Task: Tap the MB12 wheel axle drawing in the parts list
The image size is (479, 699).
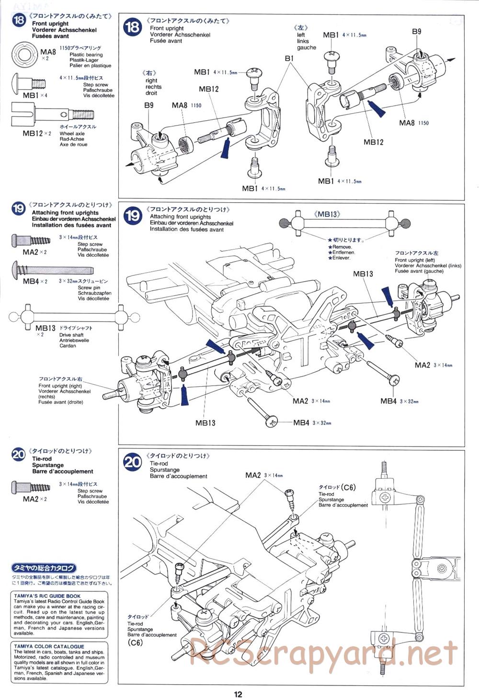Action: coord(52,114)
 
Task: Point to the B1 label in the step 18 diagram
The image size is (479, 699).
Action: coord(289,58)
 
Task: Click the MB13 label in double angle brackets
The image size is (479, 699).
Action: coord(327,214)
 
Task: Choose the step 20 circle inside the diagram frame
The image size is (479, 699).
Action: coord(133,462)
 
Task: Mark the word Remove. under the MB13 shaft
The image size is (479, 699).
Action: coord(342,247)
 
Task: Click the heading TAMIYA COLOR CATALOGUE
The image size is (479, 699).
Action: coord(49,646)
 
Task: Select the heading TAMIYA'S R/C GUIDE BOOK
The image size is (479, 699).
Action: coord(47,596)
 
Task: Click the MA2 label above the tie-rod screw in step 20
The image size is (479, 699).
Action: coord(253,475)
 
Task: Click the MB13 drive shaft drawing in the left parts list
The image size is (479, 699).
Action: coord(73,317)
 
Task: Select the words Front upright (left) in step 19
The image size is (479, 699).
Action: coord(415,260)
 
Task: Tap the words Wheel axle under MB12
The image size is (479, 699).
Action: coord(72,134)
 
